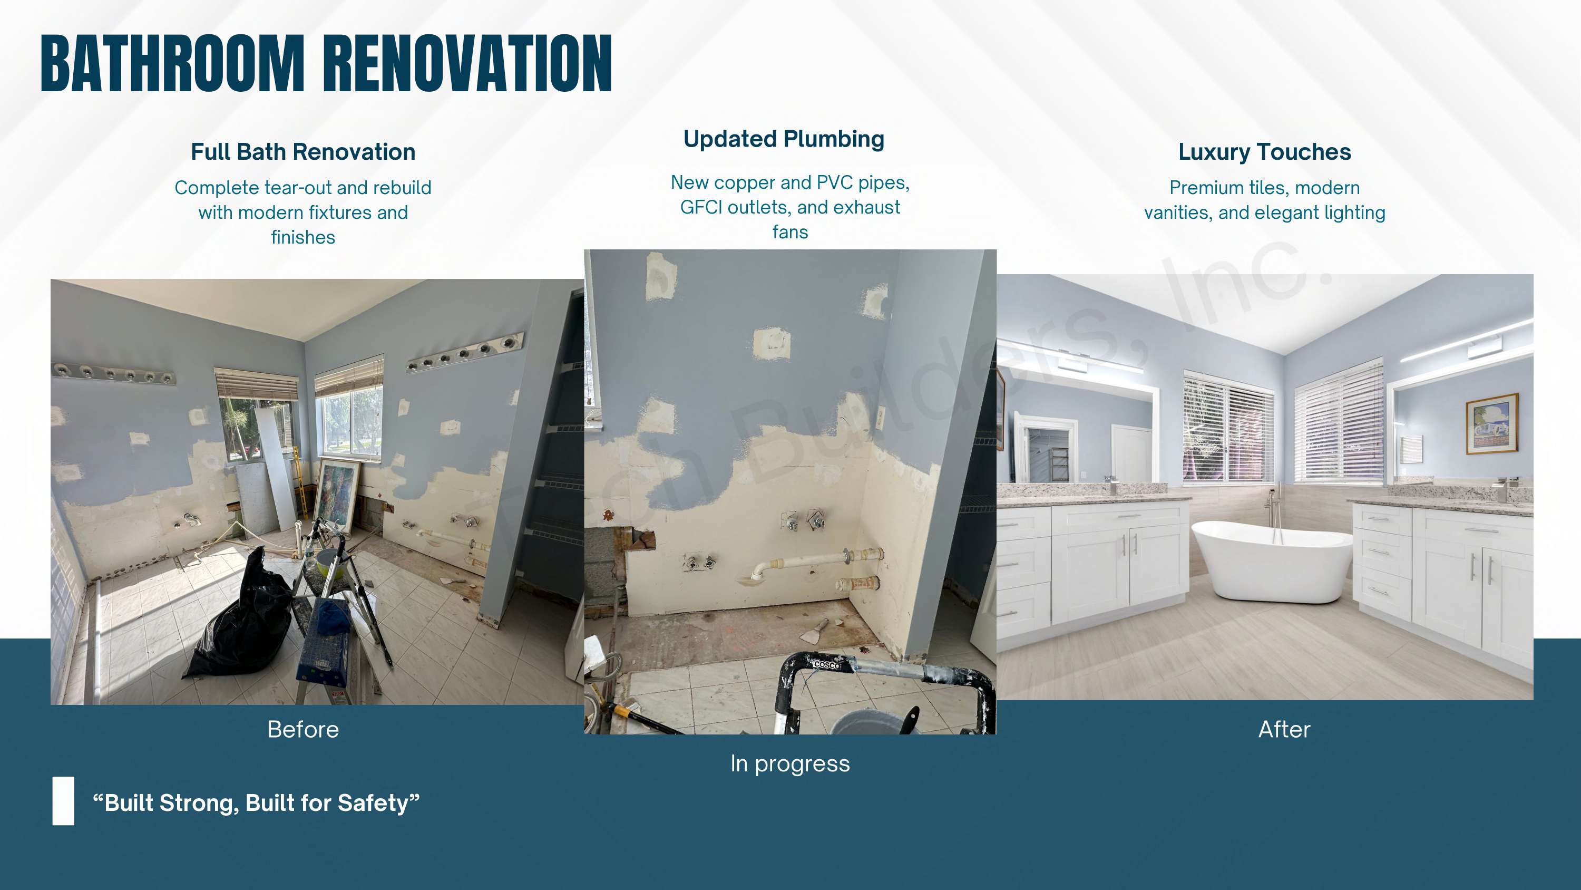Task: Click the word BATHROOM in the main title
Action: click(x=172, y=63)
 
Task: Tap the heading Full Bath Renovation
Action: click(x=303, y=152)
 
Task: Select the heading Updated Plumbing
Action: click(x=784, y=139)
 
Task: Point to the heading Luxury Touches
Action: click(x=1264, y=152)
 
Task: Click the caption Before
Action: click(x=303, y=729)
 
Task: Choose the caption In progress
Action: click(x=790, y=763)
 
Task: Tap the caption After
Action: click(x=1284, y=729)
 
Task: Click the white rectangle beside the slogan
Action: click(x=63, y=801)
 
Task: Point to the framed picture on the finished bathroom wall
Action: click(x=1491, y=424)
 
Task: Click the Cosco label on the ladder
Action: click(x=827, y=664)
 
